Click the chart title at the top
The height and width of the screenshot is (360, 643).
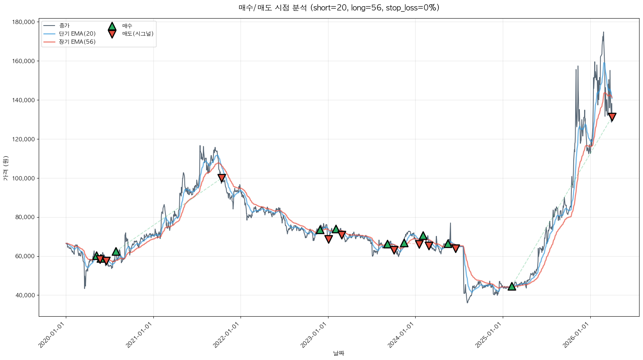[x=339, y=8]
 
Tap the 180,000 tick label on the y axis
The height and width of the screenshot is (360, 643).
[x=24, y=22]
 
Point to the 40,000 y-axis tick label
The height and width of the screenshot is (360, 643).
[x=25, y=295]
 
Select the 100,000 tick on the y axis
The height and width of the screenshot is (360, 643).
[x=24, y=178]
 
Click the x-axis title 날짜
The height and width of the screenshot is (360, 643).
[x=339, y=353]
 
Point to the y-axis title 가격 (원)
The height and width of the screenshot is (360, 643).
[x=5, y=168]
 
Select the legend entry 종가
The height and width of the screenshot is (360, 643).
[x=64, y=26]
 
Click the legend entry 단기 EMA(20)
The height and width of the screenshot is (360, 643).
[x=77, y=34]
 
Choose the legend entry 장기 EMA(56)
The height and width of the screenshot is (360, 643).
[x=77, y=42]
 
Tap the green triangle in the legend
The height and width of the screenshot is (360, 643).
[x=112, y=26]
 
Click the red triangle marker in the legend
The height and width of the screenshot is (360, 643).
[x=112, y=34]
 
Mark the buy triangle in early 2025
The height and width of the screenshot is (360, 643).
[x=512, y=286]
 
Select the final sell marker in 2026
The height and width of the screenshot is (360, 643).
[x=612, y=117]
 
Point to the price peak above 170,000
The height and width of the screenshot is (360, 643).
[x=603, y=33]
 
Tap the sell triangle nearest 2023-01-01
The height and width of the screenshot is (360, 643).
[x=328, y=239]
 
